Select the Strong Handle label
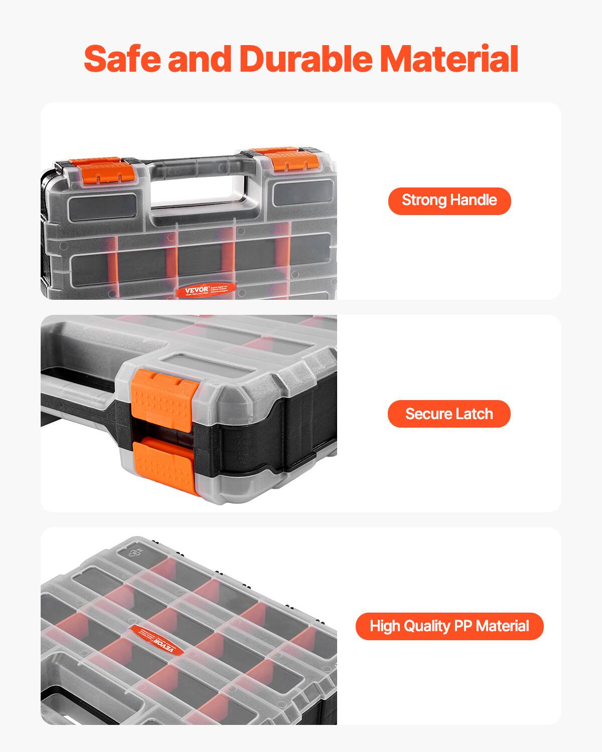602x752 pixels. [x=449, y=201]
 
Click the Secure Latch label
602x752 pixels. [x=449, y=414]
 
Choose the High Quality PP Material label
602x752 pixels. [x=449, y=626]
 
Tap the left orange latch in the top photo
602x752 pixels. [x=102, y=170]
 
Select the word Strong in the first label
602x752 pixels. [x=424, y=201]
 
